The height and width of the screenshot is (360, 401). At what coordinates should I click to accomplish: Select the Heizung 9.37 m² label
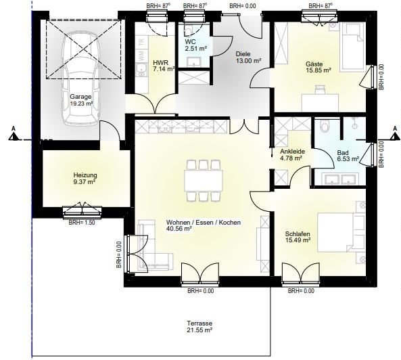85,178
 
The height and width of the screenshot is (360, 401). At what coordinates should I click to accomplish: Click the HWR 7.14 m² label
164,66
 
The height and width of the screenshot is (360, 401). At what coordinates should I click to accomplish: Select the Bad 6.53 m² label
346,156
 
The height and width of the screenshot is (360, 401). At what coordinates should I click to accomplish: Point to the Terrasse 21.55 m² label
200,327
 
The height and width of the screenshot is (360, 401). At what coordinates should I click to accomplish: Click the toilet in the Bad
325,127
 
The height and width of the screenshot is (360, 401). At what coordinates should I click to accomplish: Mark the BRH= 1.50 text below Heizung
80,223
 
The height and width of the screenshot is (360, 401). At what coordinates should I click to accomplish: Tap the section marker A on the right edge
395,131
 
